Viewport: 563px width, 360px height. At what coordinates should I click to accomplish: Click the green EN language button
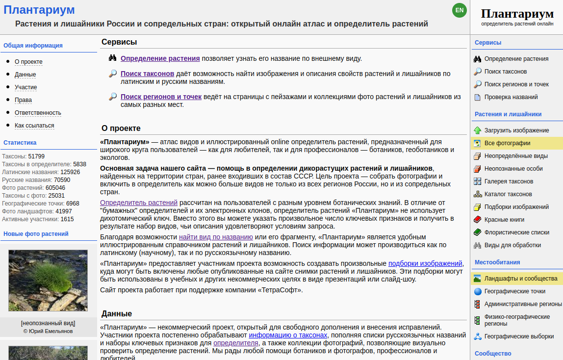click(x=460, y=10)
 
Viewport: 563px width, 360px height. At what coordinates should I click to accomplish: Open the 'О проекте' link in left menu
click(x=28, y=62)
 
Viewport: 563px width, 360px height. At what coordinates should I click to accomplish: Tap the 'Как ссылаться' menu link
click(x=34, y=126)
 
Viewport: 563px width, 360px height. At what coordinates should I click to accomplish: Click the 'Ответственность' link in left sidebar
click(x=38, y=113)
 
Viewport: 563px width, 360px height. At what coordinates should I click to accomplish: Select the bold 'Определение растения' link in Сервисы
click(x=160, y=58)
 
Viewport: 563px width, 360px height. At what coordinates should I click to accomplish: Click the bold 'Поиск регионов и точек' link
click(x=161, y=97)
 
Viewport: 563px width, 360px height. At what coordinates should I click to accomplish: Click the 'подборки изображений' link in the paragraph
click(x=425, y=263)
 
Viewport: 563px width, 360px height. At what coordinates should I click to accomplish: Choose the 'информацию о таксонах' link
click(x=288, y=335)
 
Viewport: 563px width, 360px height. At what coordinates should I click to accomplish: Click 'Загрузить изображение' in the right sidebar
click(x=516, y=130)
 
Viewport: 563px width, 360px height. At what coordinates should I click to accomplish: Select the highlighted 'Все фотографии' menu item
click(x=507, y=143)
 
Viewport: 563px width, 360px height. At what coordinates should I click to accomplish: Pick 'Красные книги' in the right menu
click(x=504, y=220)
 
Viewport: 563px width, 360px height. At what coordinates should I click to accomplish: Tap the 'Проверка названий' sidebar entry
click(x=511, y=97)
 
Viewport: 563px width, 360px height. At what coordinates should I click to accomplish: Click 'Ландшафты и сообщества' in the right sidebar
click(x=521, y=279)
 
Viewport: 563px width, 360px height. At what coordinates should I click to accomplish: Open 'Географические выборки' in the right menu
click(x=519, y=336)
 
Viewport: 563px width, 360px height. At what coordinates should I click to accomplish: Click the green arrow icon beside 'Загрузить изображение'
click(x=478, y=130)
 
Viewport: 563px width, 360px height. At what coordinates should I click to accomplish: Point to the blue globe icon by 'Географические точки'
click(x=478, y=291)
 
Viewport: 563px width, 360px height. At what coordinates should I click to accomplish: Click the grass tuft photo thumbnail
click(x=48, y=281)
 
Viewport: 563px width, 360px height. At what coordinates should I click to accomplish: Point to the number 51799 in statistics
click(x=36, y=156)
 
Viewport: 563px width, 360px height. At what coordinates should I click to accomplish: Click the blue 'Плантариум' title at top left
click(x=39, y=10)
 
